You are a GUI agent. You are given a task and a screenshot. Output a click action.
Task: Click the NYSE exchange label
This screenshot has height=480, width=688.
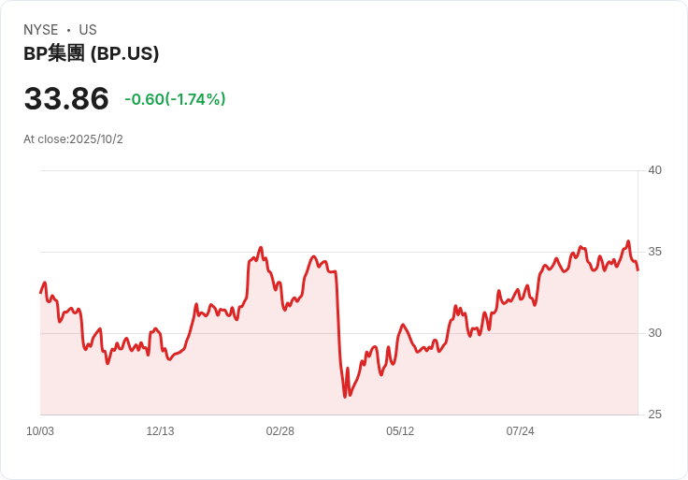coord(40,30)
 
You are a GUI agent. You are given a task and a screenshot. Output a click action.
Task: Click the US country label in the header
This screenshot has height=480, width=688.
coord(88,30)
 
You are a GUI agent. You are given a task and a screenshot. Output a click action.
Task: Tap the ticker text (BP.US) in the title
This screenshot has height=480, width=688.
coord(124,54)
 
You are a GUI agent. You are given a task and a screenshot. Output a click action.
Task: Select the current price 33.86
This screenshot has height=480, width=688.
coord(66,98)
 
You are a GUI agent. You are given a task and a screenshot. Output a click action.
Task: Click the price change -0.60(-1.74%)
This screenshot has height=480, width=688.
coord(175,99)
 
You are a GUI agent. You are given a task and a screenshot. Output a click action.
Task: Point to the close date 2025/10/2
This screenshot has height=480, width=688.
coord(96,139)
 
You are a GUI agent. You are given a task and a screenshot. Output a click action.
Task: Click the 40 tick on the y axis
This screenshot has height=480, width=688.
coord(654,170)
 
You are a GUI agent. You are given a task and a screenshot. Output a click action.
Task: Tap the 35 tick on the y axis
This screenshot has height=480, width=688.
coord(654,252)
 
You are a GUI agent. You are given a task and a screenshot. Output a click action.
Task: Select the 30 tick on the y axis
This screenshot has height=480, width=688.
coord(654,333)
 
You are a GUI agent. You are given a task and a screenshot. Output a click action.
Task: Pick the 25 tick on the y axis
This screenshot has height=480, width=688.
coord(654,415)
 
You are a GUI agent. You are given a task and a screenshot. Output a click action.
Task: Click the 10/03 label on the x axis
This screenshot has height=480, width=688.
coord(40,431)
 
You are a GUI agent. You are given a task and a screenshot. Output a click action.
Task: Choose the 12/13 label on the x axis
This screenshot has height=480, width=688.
coord(160,431)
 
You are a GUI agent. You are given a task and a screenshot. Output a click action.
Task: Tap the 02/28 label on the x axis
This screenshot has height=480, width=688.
coord(280,431)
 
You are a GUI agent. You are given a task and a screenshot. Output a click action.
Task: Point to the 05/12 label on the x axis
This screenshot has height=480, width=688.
coord(400,431)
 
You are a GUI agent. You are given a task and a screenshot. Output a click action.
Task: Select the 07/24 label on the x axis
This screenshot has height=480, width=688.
coord(520,431)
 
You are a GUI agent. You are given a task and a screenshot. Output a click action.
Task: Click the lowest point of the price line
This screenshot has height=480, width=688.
coord(345,397)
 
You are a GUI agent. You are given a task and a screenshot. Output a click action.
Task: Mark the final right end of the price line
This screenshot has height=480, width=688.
coord(638,270)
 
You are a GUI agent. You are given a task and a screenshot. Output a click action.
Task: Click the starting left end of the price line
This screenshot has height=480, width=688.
coord(40,293)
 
